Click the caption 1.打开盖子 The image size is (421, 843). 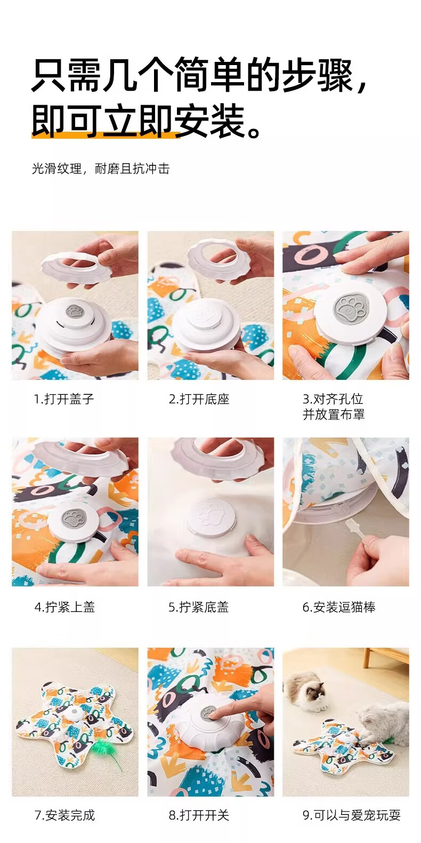click(x=63, y=399)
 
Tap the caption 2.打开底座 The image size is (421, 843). click(x=199, y=399)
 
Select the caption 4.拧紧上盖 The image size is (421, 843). click(x=64, y=607)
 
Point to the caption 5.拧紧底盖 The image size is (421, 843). click(x=198, y=607)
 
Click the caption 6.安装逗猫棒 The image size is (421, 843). click(x=339, y=607)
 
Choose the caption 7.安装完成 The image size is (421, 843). click(x=64, y=815)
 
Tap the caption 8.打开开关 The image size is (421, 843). click(x=198, y=815)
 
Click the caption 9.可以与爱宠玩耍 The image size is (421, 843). click(x=352, y=815)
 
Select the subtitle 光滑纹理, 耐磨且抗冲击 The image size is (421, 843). click(x=101, y=169)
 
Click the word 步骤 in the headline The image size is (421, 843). click(x=318, y=75)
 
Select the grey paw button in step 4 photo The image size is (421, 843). click(x=74, y=519)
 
